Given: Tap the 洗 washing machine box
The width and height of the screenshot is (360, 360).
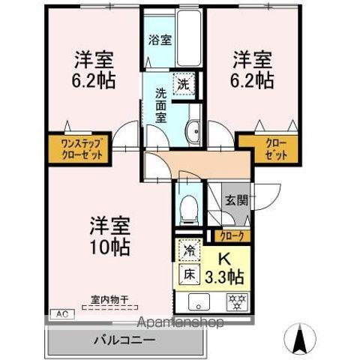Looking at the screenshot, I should (x=182, y=85).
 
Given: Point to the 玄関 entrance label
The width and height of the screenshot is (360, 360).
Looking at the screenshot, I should (x=235, y=200).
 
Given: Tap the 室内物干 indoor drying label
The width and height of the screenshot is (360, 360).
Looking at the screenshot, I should (x=110, y=300).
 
